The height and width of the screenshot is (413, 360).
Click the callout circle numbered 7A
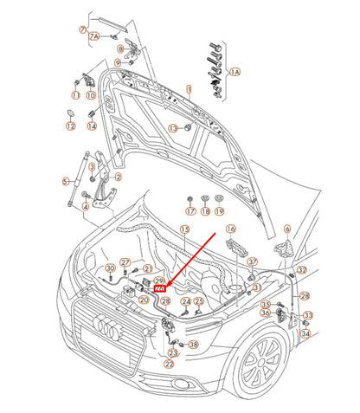point(95,36)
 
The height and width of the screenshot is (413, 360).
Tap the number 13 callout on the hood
point(172,128)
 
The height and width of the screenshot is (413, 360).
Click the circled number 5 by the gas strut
point(64,181)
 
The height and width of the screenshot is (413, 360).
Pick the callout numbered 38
point(193,345)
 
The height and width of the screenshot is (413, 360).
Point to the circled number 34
point(305,333)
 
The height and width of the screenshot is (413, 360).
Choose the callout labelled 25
point(198,301)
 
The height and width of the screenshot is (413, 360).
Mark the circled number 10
point(92,95)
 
